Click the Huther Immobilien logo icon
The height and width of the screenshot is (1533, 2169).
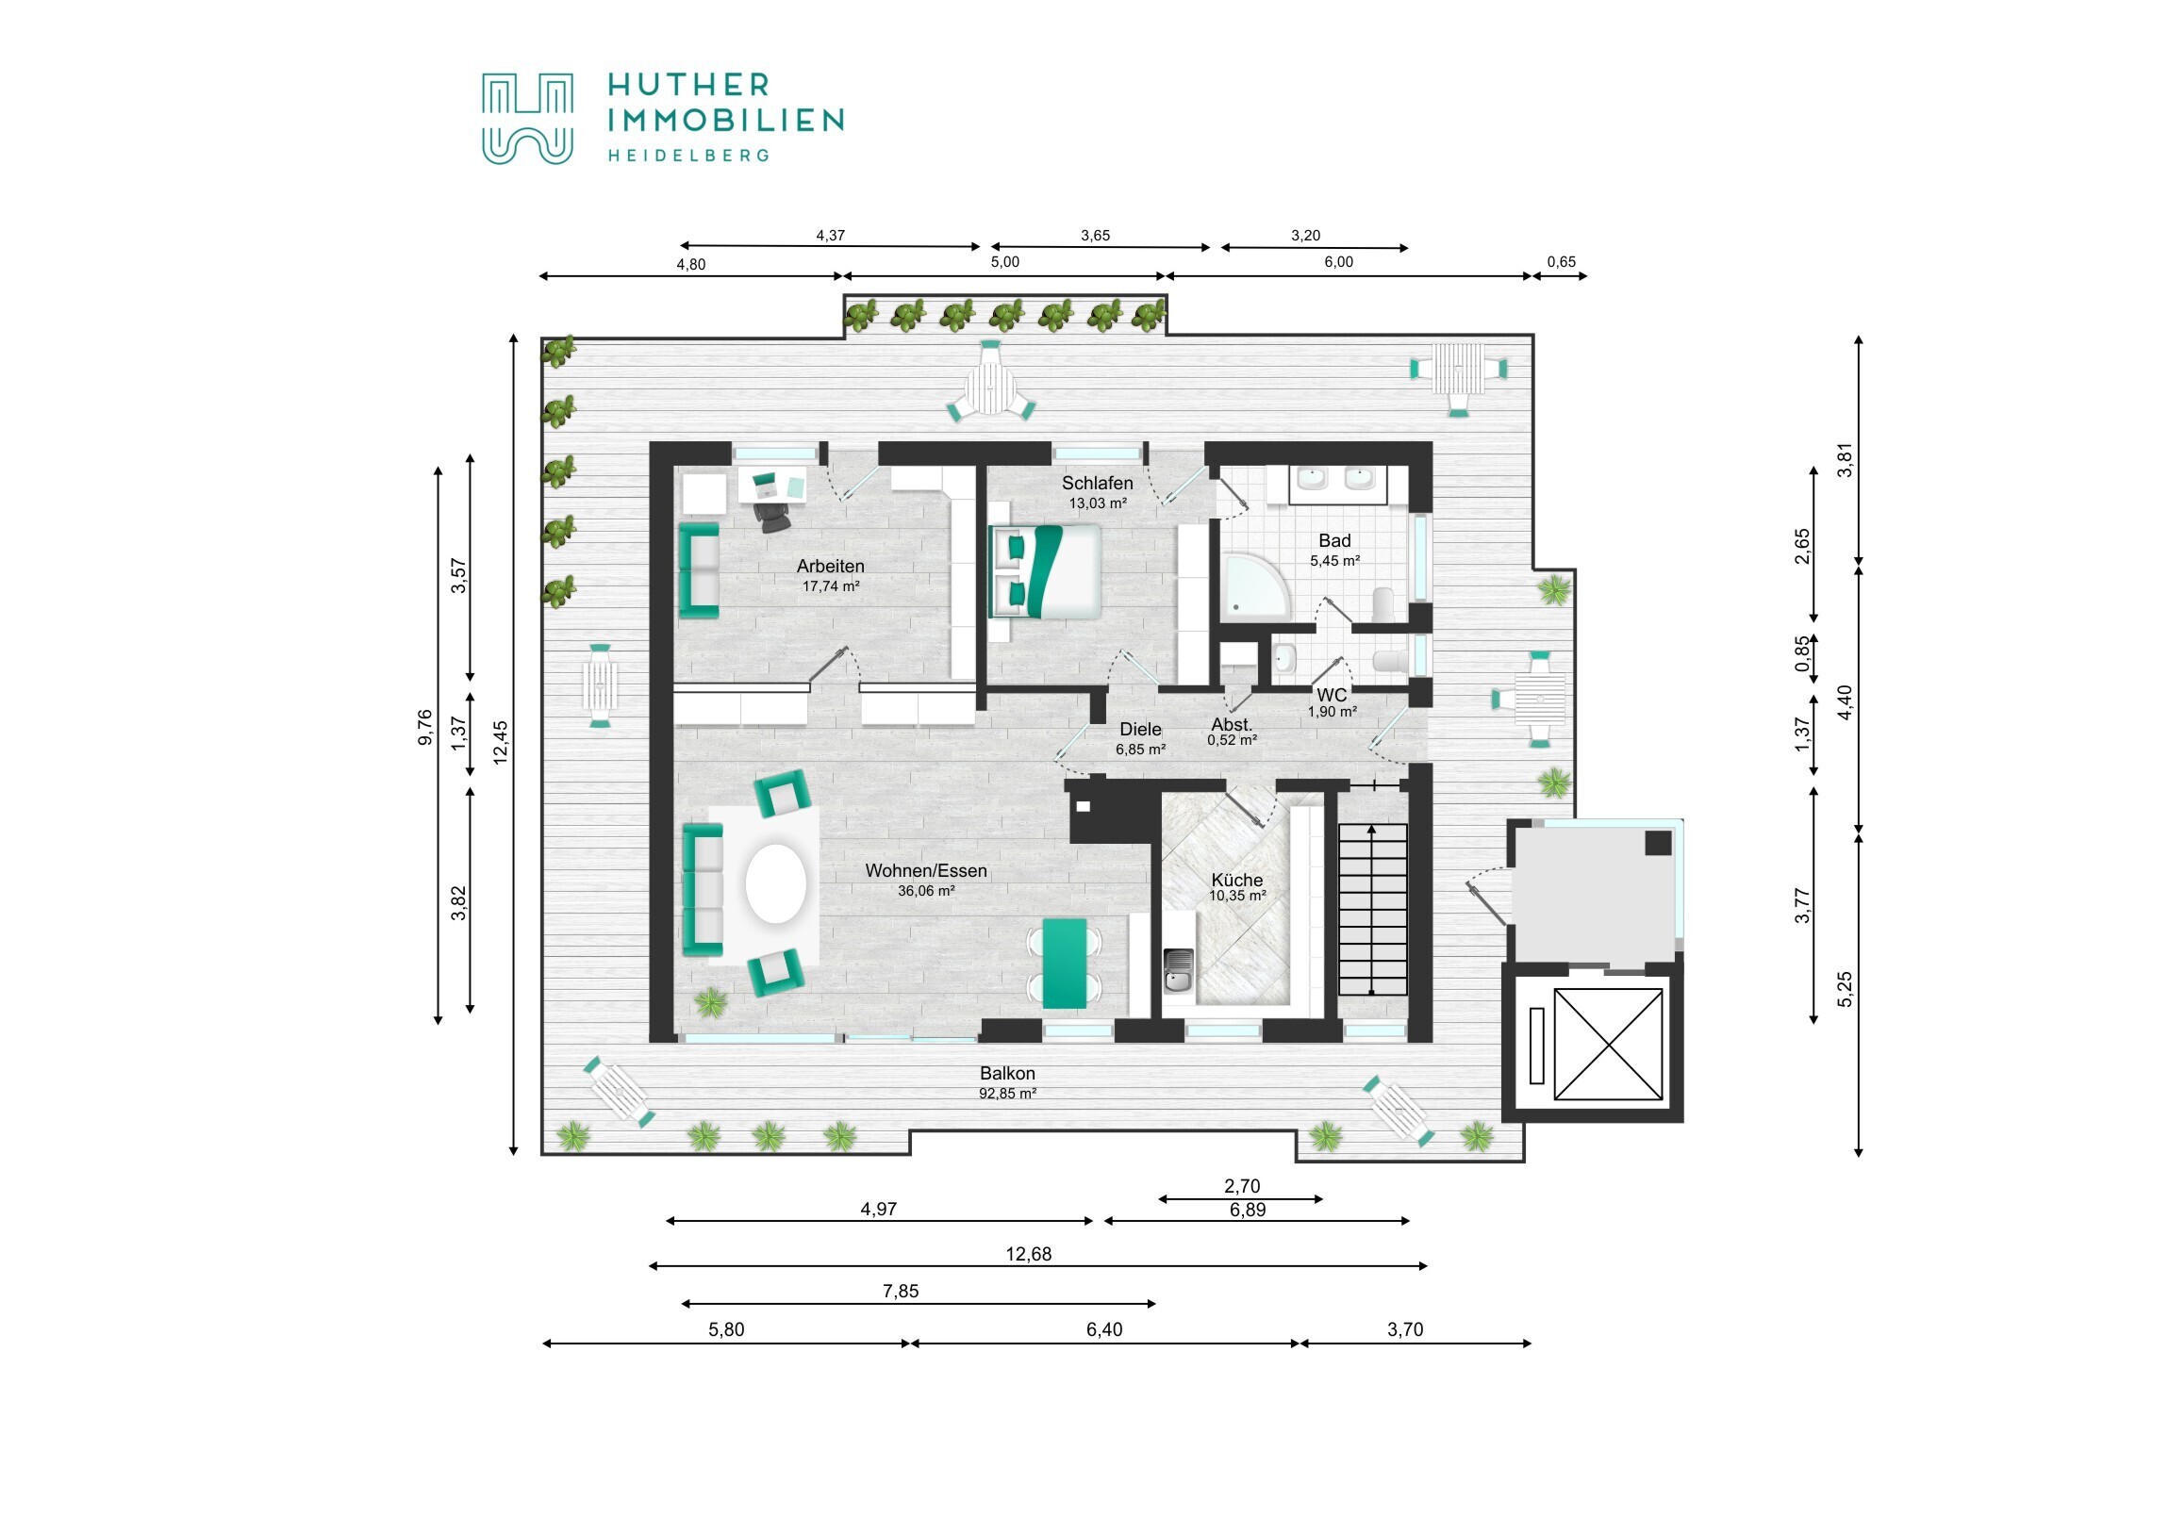(527, 118)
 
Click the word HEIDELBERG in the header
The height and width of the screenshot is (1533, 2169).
(687, 156)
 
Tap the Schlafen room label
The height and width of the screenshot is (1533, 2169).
(1097, 484)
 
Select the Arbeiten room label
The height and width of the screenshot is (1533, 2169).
(830, 567)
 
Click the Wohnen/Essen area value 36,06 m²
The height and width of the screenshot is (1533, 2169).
(925, 891)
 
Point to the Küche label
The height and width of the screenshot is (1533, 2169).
(1236, 880)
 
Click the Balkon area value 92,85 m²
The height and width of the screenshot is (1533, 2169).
(1007, 1094)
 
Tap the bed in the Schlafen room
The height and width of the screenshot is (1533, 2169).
(1046, 571)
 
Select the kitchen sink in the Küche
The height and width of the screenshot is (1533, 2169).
(1177, 971)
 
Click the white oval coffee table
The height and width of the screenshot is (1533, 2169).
(775, 883)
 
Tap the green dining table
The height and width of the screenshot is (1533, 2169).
(1064, 962)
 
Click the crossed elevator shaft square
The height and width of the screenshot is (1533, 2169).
(1608, 1044)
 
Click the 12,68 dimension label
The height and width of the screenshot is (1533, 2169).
(1028, 1254)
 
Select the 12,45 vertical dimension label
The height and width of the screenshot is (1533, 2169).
(501, 742)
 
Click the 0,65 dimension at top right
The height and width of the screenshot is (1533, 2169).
(1561, 263)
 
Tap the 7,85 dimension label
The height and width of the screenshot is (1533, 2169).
(901, 1292)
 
